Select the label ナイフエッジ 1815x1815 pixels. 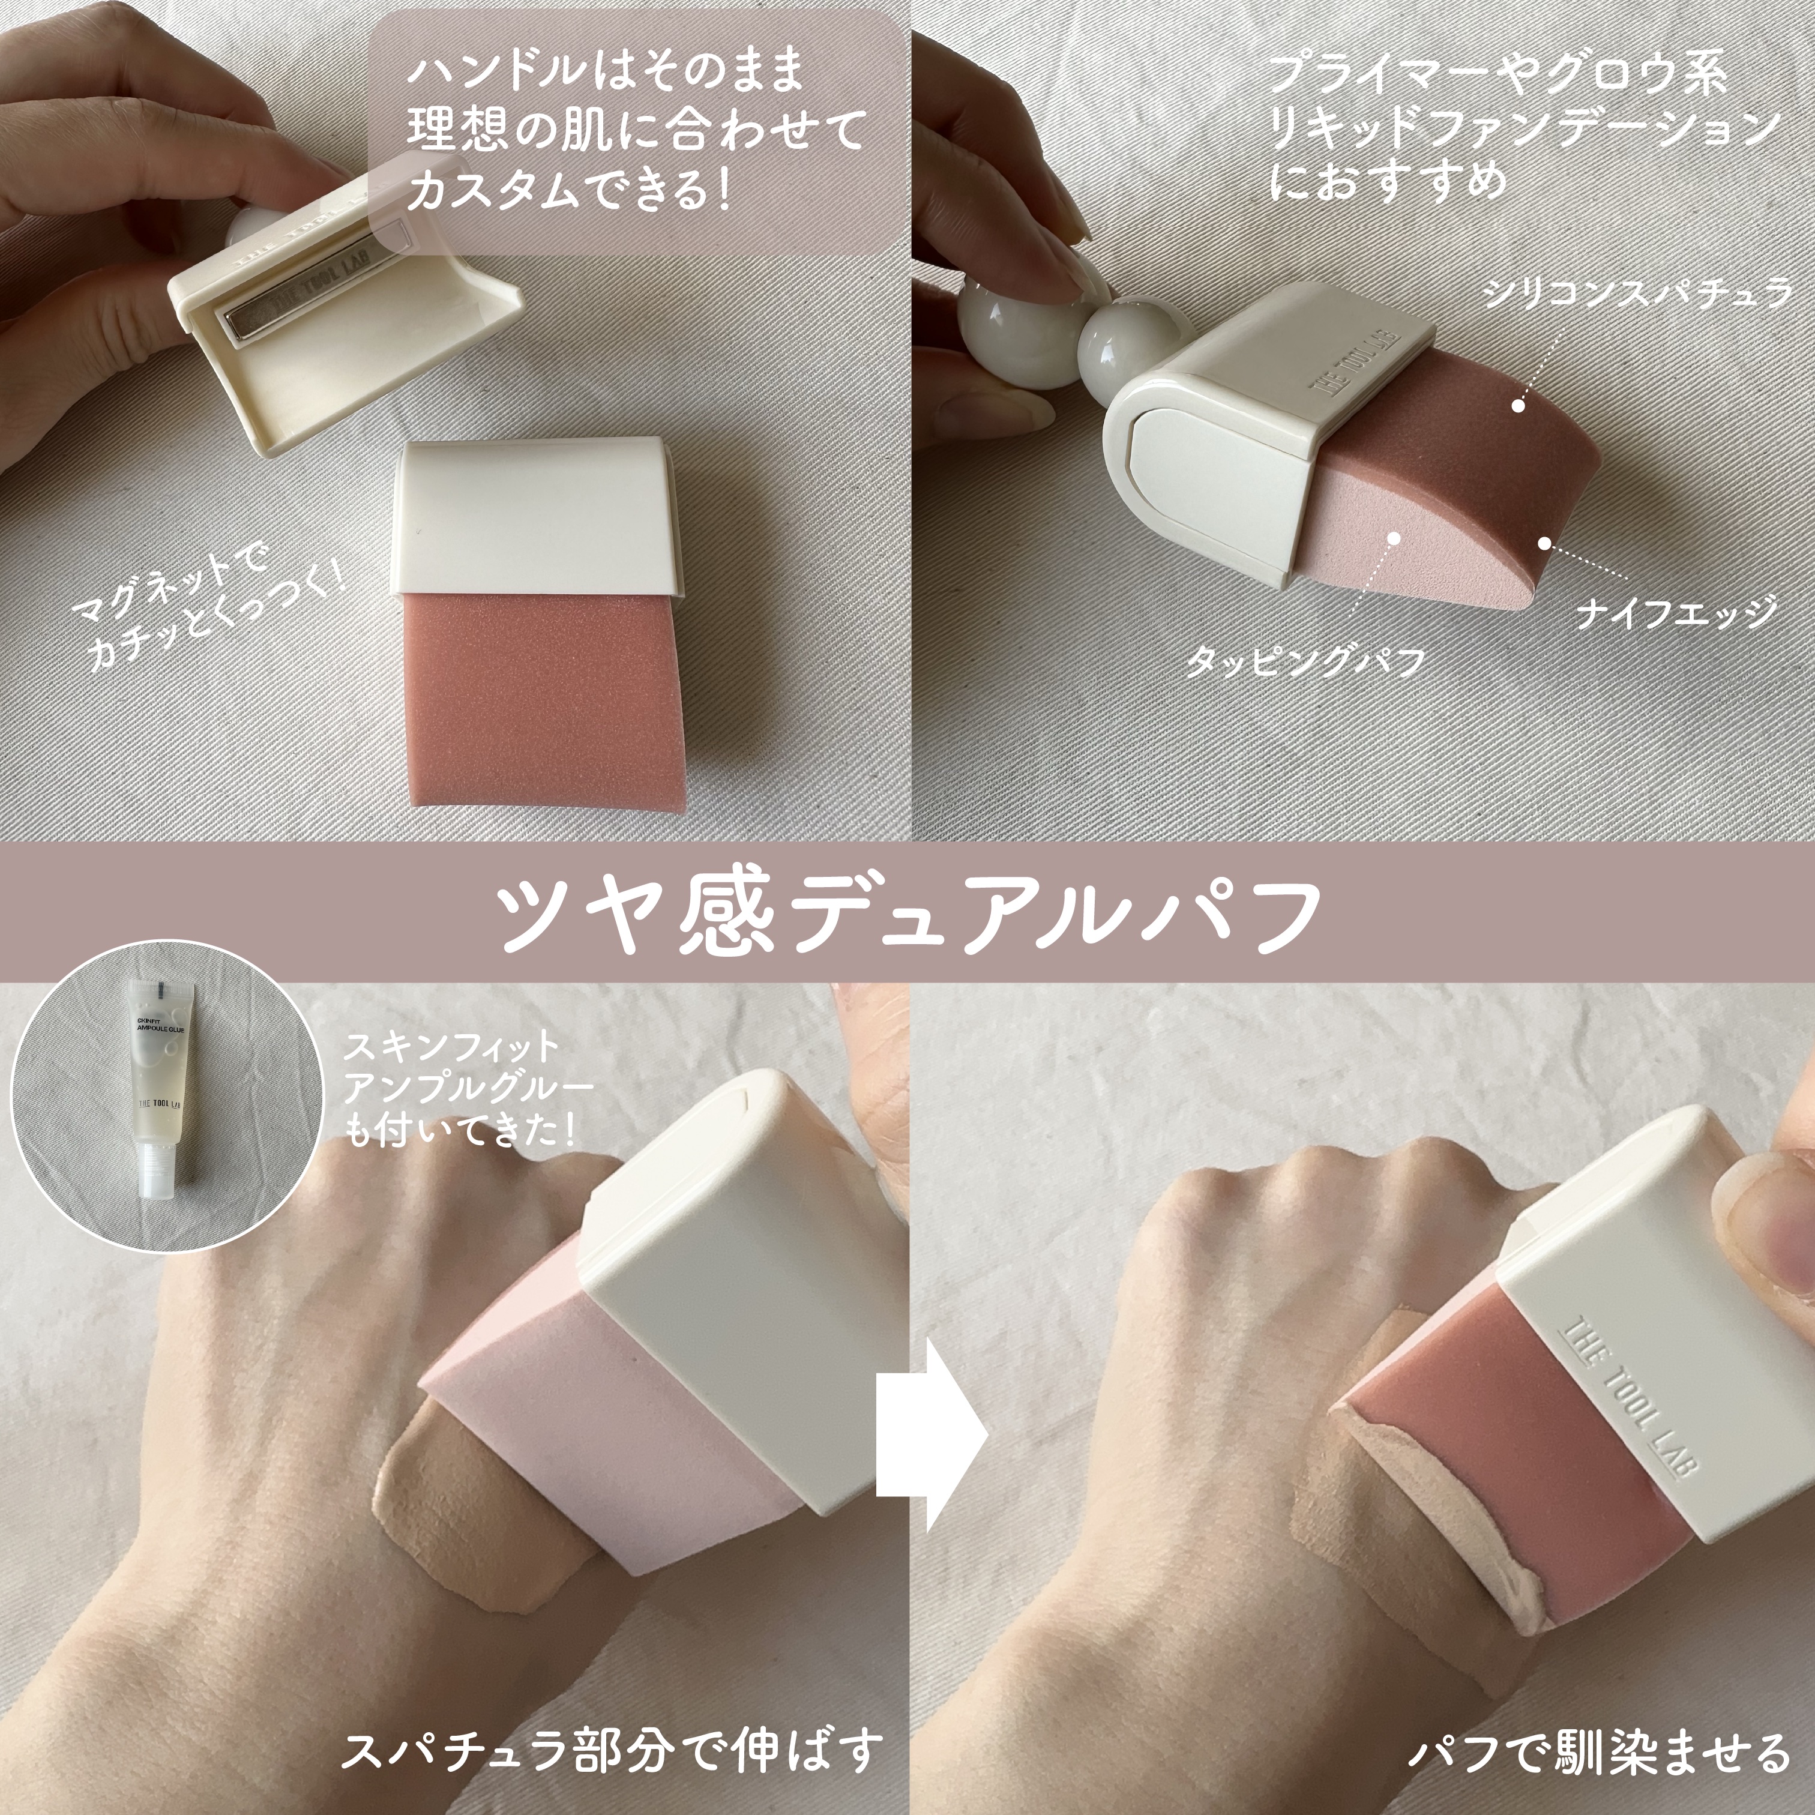1677,613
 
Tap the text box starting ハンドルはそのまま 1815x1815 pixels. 635,131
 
